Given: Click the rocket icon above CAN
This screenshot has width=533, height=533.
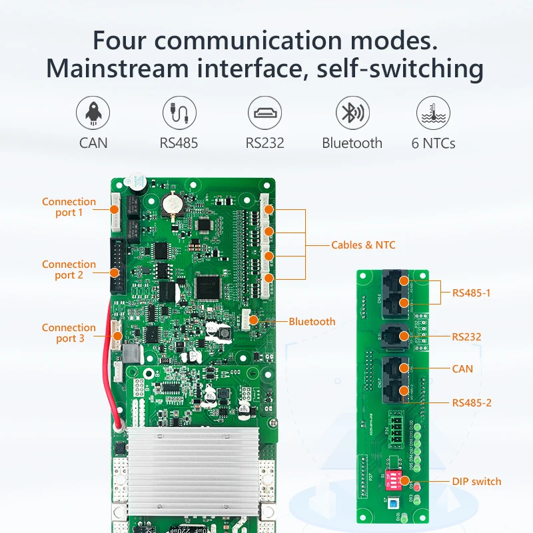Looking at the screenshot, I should (x=93, y=113).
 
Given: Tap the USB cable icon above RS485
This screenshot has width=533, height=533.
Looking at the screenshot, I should (x=179, y=113).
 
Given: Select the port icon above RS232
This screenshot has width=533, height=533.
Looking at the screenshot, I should (x=265, y=113).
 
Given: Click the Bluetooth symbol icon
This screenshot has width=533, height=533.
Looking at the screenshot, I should (x=352, y=113).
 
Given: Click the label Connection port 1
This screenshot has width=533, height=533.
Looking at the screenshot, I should (x=69, y=207).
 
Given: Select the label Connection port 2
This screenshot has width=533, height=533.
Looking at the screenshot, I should (x=69, y=270).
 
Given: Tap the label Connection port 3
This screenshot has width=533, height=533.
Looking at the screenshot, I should (x=69, y=333).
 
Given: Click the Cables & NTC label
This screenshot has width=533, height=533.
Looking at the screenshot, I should (x=363, y=245).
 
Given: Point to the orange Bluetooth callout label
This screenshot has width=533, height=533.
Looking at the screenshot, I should (x=312, y=322).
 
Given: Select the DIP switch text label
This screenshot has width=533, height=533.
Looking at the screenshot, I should (x=476, y=482).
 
